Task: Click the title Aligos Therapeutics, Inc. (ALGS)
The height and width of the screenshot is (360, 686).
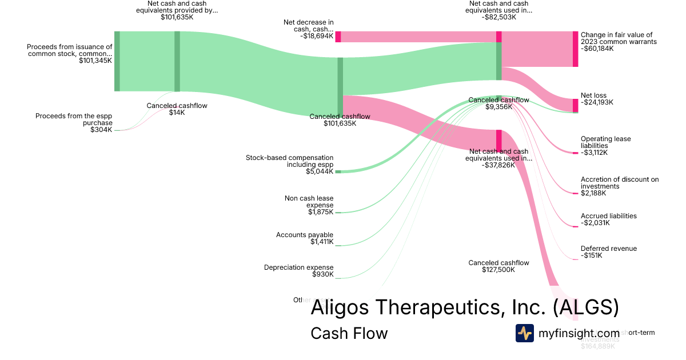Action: pyautogui.click(x=464, y=307)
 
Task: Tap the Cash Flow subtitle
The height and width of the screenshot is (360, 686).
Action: pyautogui.click(x=349, y=333)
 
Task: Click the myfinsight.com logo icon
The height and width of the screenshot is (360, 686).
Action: pyautogui.click(x=524, y=333)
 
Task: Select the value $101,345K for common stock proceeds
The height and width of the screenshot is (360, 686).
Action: pyautogui.click(x=95, y=60)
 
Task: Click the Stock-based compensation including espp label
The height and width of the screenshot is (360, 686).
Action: pyautogui.click(x=289, y=161)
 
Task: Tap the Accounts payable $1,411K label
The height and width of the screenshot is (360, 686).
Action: pyautogui.click(x=305, y=238)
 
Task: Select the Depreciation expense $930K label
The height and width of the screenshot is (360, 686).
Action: pyautogui.click(x=298, y=271)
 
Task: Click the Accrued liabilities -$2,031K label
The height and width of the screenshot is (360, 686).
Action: pyautogui.click(x=608, y=219)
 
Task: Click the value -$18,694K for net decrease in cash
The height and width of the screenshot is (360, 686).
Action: pyautogui.click(x=316, y=35)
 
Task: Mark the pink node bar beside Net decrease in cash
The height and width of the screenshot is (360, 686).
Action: pyautogui.click(x=338, y=37)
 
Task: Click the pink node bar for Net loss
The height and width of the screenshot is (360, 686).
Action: pyautogui.click(x=575, y=105)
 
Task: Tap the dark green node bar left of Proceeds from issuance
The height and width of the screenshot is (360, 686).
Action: pyautogui.click(x=117, y=61)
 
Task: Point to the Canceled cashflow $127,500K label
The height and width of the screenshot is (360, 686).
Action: pyautogui.click(x=498, y=266)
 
